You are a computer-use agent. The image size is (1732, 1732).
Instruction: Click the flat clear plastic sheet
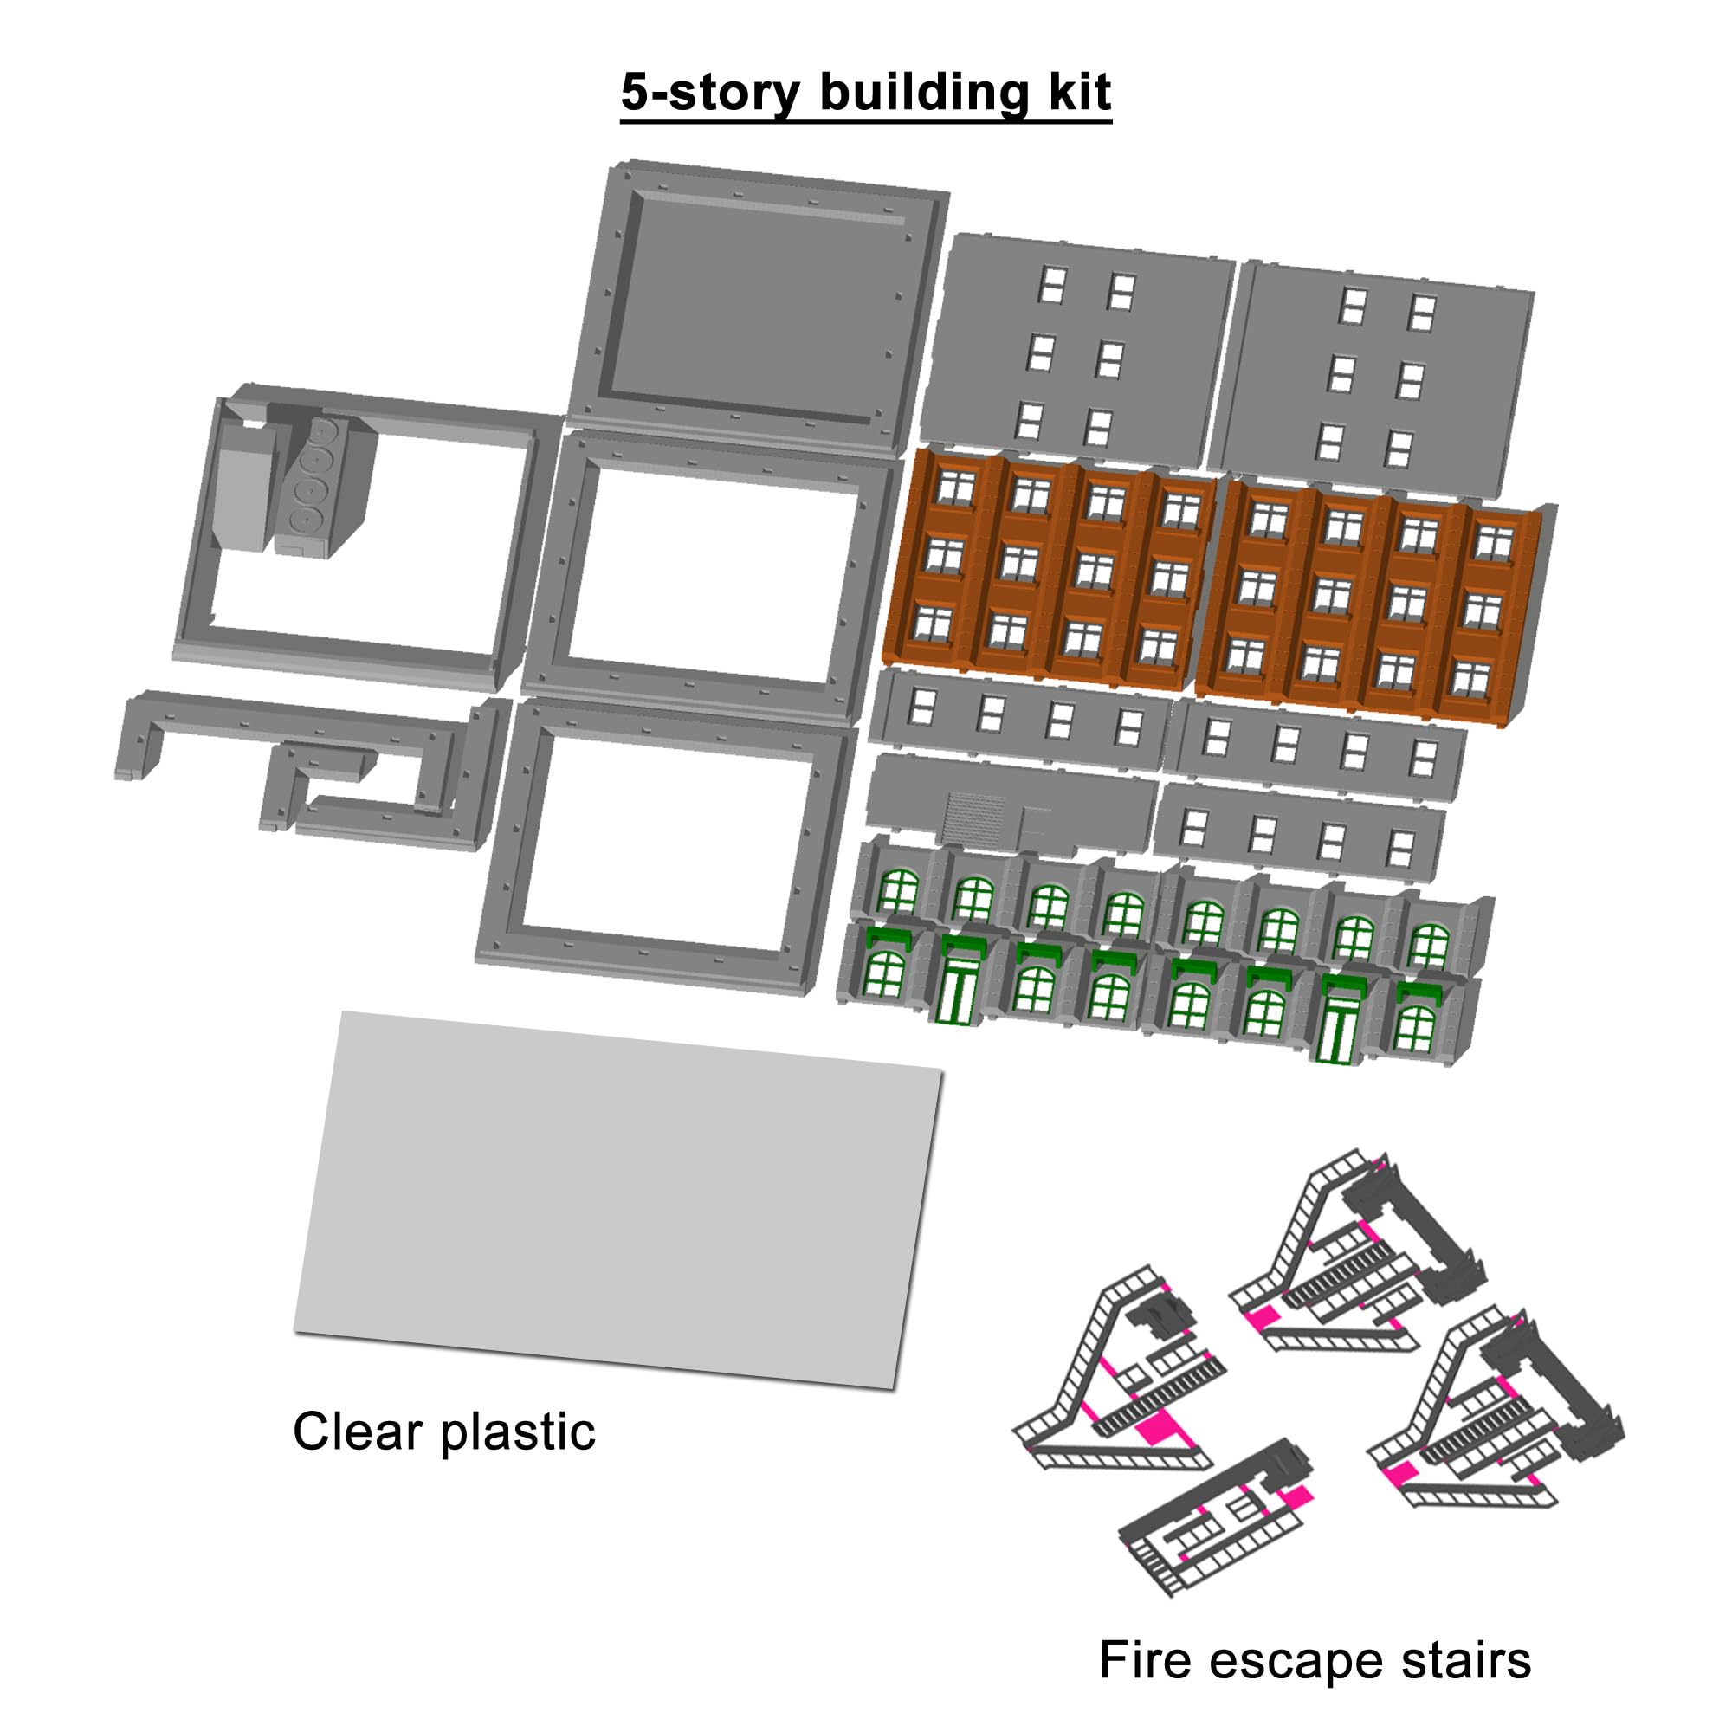(x=618, y=1200)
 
